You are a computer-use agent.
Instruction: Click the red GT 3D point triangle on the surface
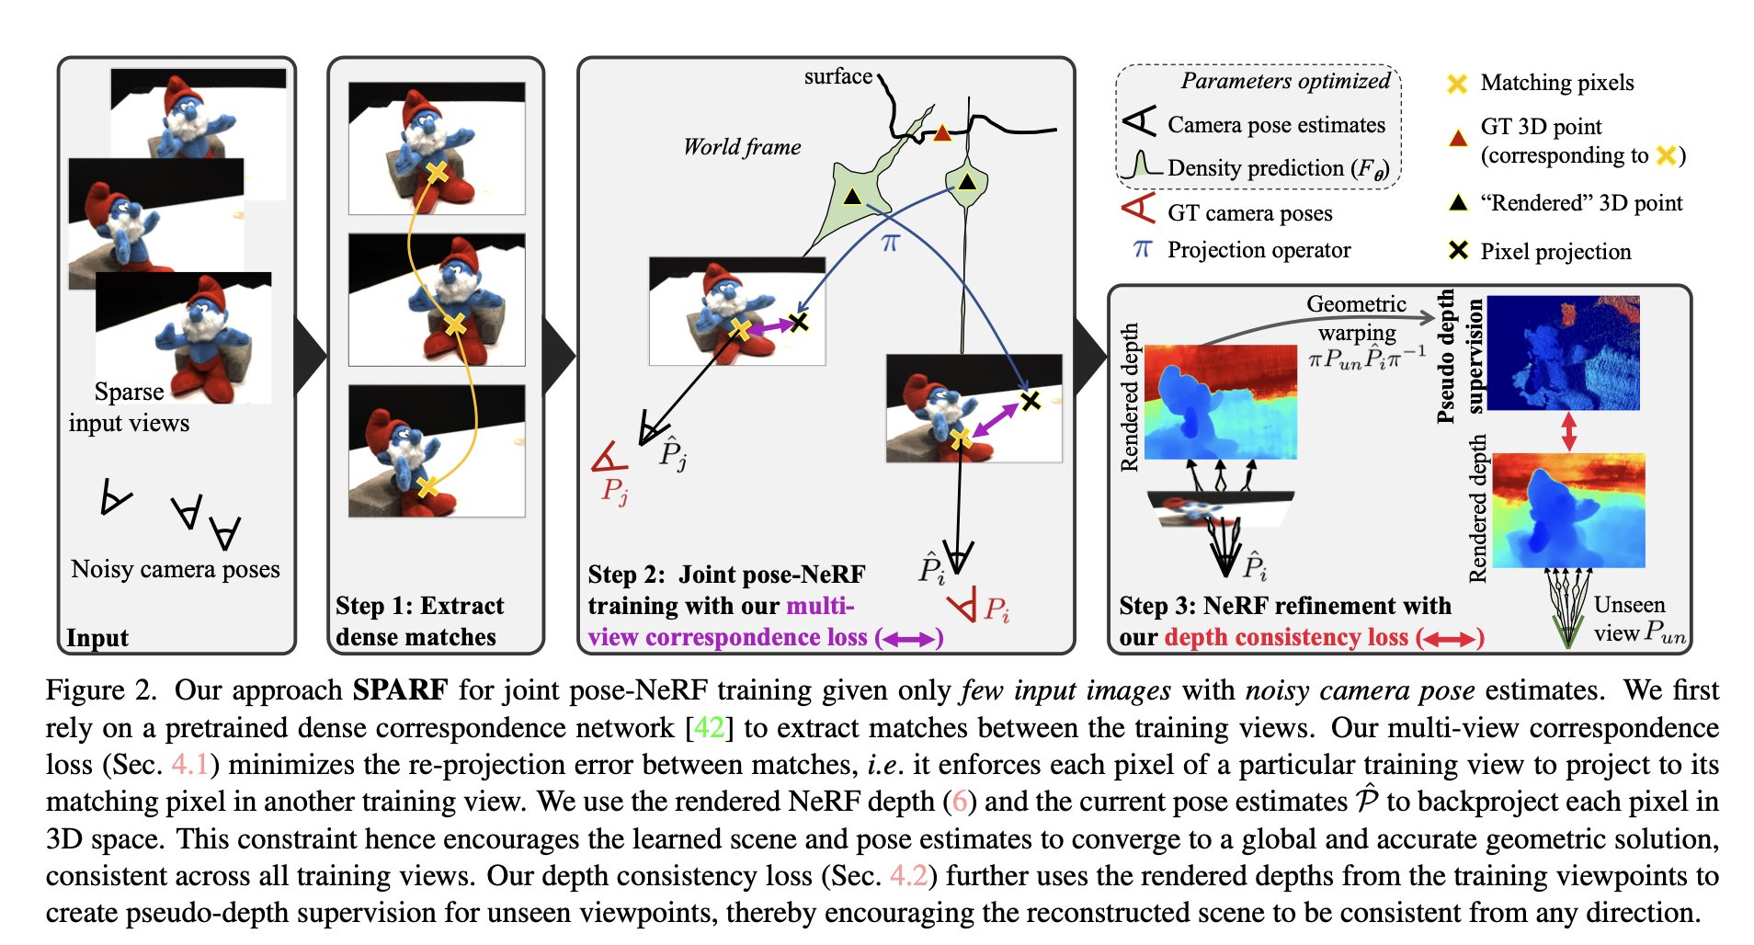tap(941, 134)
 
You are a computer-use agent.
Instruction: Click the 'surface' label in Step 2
tap(837, 76)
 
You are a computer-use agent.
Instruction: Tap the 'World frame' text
tap(742, 147)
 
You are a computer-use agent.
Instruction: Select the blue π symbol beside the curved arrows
tap(890, 243)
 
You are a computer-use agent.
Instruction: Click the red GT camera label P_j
tap(615, 492)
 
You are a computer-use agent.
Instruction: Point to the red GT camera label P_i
tap(997, 609)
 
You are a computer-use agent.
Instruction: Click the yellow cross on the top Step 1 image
tap(438, 172)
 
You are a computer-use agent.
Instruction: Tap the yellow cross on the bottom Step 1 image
tap(427, 486)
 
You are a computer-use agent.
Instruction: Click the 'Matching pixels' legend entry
tap(1556, 83)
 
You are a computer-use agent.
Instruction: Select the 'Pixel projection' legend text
tap(1555, 252)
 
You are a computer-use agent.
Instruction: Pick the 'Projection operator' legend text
tap(1259, 250)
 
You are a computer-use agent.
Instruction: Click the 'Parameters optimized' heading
tap(1284, 81)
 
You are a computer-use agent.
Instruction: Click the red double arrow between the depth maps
tap(1568, 430)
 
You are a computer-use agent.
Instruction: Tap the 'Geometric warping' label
tap(1356, 317)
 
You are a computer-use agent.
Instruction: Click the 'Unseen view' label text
tap(1629, 618)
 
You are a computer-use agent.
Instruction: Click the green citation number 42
tap(709, 728)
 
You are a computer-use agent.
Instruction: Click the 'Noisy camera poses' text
tap(176, 569)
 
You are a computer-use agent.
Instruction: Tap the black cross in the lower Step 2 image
tap(1031, 400)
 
